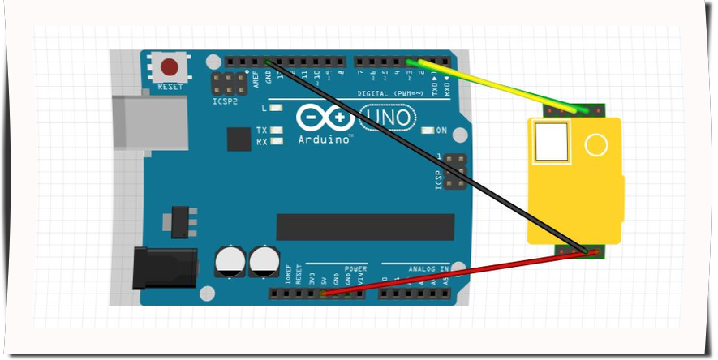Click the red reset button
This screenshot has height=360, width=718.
click(x=170, y=66)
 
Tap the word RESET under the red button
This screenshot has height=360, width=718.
click(x=170, y=86)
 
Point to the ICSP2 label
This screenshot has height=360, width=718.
click(x=226, y=102)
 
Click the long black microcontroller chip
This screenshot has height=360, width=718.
click(x=365, y=227)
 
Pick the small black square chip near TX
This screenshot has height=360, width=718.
click(x=239, y=139)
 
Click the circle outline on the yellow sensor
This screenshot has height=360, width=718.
click(x=596, y=145)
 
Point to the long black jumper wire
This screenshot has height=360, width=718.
click(x=422, y=154)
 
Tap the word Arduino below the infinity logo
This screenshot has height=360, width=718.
click(x=325, y=139)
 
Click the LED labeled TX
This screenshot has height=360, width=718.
click(x=277, y=130)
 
